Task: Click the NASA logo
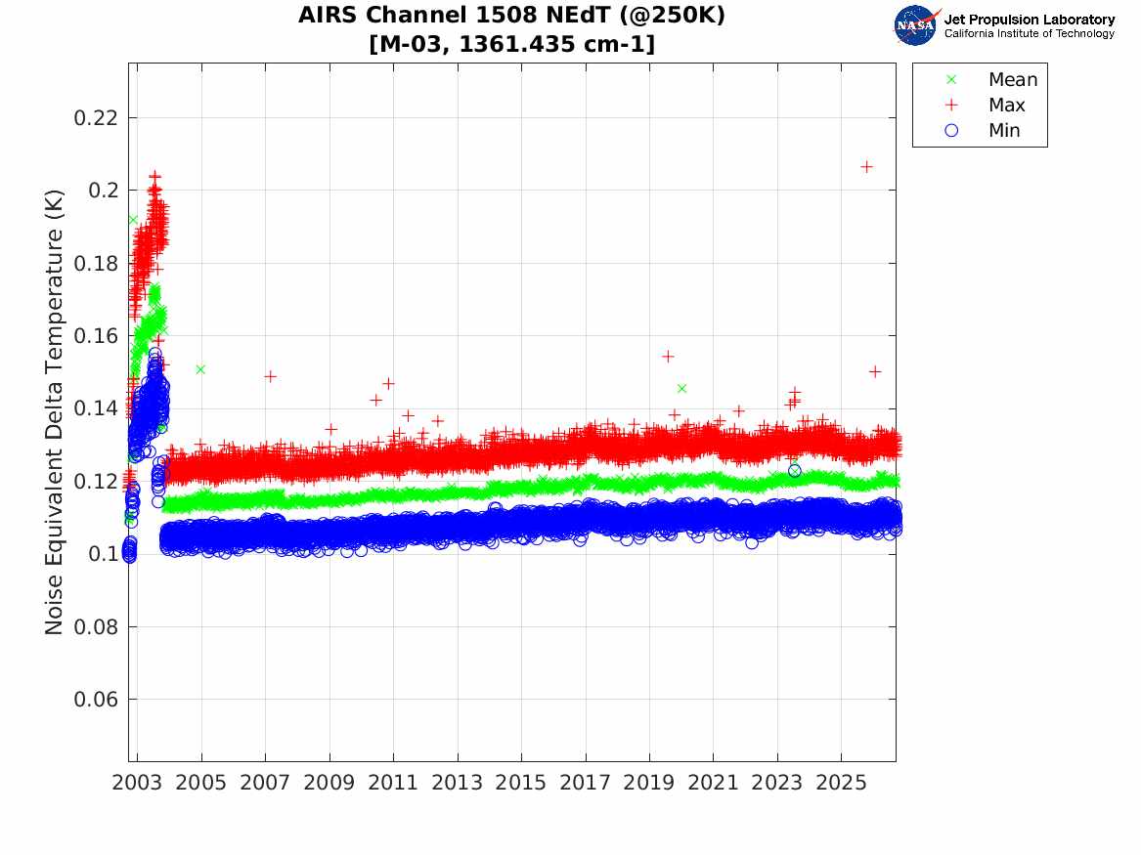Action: [916, 25]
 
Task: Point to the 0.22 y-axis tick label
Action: [95, 118]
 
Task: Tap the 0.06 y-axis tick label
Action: [95, 700]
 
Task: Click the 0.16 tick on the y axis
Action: [95, 336]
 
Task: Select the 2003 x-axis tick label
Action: [137, 783]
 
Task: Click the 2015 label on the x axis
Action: [521, 783]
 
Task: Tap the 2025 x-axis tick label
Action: [841, 783]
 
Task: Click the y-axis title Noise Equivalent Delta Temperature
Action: [55, 412]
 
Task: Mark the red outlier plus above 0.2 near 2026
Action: [866, 167]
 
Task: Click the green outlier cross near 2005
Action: [200, 369]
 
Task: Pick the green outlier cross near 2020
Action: [681, 388]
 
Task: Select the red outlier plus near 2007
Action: [270, 376]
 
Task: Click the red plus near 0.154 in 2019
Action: [668, 357]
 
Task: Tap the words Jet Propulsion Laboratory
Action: [1029, 20]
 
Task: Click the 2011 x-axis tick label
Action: [393, 783]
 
